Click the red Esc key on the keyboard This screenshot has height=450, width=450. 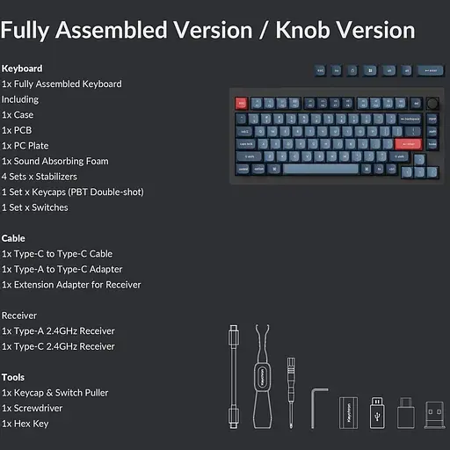pyautogui.click(x=242, y=104)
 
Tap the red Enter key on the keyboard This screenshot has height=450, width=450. pyautogui.click(x=407, y=143)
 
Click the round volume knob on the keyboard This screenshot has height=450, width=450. pyautogui.click(x=432, y=104)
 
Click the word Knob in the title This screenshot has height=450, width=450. pyautogui.click(x=307, y=30)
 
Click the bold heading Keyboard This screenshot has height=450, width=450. pyautogui.click(x=22, y=69)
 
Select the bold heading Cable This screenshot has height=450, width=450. pyautogui.click(x=13, y=238)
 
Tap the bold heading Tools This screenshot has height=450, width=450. pyautogui.click(x=13, y=377)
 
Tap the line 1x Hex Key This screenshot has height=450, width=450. pyautogui.click(x=25, y=424)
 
